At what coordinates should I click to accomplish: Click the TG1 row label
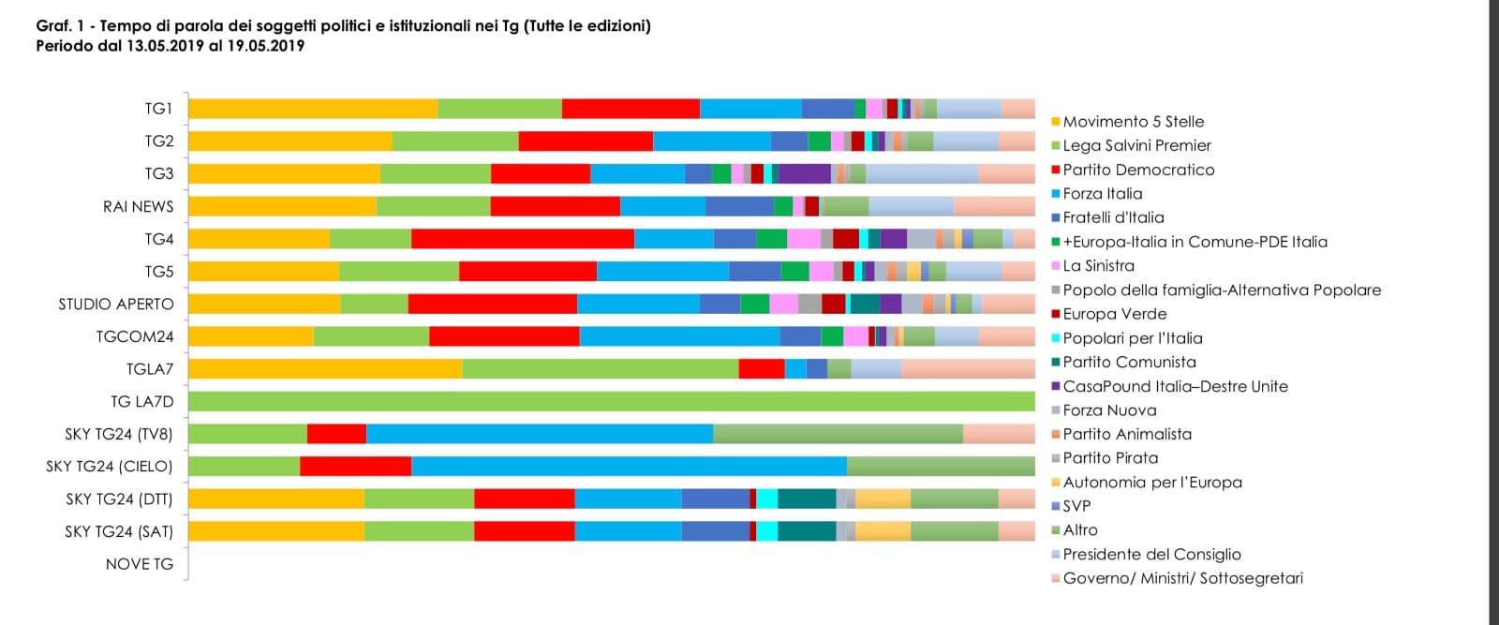tap(158, 109)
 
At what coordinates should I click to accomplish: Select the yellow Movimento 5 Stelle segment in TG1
tap(313, 109)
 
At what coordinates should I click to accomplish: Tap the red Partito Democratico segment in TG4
tap(522, 239)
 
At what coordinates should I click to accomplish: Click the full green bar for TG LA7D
tap(611, 402)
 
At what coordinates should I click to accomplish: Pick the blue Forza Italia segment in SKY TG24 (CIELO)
tap(629, 467)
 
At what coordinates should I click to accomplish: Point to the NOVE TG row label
tap(139, 564)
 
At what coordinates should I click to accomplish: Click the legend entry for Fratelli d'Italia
tap(1113, 217)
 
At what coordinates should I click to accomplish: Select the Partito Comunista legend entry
tap(1129, 362)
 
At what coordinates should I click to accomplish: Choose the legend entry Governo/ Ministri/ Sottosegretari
tap(1182, 578)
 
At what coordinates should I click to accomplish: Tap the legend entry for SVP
tap(1076, 506)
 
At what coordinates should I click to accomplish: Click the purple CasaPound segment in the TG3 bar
tap(804, 174)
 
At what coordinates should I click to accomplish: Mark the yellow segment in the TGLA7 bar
tap(325, 369)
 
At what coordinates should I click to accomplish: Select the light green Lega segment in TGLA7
tap(600, 369)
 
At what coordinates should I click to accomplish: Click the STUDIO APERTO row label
tap(116, 305)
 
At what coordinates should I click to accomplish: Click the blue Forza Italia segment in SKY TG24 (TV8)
tap(540, 434)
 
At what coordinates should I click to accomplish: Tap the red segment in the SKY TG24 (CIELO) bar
tap(355, 467)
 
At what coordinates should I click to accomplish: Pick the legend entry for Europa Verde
tap(1114, 314)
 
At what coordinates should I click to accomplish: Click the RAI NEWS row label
tap(138, 207)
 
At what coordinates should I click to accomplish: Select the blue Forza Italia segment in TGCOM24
tap(679, 336)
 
